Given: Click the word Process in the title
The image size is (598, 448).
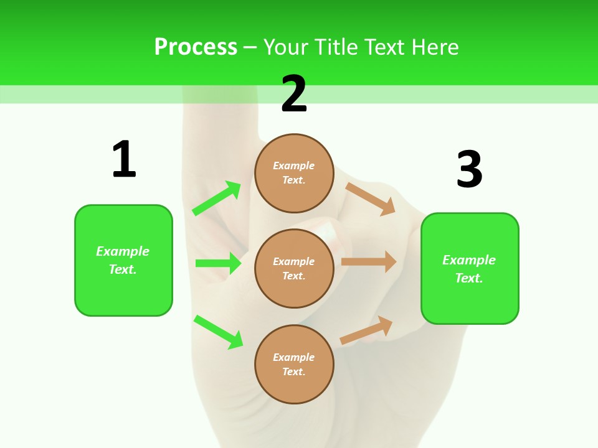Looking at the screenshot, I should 196,47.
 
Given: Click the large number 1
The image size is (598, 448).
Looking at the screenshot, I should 124,159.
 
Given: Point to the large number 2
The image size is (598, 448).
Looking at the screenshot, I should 294,94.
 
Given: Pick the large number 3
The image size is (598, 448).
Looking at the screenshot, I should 469,169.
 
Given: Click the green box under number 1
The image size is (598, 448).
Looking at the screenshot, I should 123,260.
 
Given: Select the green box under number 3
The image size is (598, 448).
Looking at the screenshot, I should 470,269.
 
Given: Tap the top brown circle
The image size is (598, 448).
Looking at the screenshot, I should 294,173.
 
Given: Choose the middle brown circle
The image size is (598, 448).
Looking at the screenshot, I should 294,268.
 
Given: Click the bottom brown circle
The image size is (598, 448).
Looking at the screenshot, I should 294,364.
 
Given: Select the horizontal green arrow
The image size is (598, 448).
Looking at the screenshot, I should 218,263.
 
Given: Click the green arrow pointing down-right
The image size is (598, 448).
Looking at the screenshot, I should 218,332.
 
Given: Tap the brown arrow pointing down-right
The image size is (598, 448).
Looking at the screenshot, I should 371,198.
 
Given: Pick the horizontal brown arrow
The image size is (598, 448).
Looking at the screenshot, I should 369,262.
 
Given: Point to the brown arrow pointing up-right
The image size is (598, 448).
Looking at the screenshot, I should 366,330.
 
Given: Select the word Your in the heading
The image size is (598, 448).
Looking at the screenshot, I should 285,47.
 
